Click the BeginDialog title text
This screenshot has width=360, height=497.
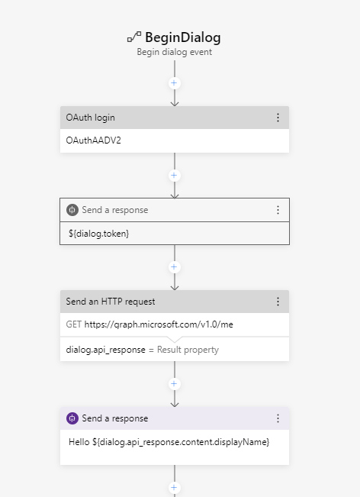click(x=183, y=37)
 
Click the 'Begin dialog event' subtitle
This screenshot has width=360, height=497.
click(x=175, y=53)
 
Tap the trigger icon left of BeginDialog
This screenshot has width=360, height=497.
click(x=134, y=37)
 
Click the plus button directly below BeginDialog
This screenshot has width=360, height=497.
click(x=175, y=82)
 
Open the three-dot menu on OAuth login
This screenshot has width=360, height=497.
click(x=278, y=118)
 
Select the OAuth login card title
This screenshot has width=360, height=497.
click(x=91, y=118)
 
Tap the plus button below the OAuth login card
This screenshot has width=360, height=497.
click(x=175, y=175)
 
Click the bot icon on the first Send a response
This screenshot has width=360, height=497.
click(x=72, y=210)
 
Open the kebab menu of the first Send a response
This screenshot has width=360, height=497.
click(x=278, y=210)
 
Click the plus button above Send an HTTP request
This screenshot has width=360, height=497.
click(x=175, y=267)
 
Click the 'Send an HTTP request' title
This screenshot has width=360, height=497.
click(x=111, y=302)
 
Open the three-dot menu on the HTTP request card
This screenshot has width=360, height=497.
click(x=278, y=302)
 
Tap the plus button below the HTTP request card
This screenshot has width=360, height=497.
click(x=175, y=384)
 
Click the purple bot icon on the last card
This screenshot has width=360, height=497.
click(x=72, y=418)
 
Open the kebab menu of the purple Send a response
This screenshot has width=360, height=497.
click(x=278, y=418)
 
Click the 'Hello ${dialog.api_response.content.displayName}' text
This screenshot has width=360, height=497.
click(x=169, y=442)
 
